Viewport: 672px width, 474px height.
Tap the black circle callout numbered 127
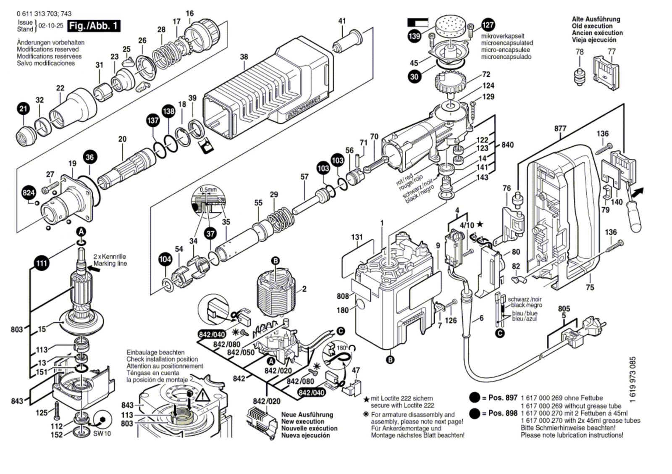click(x=488, y=25)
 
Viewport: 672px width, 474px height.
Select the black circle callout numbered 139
click(x=415, y=36)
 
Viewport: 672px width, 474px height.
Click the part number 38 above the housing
click(x=244, y=57)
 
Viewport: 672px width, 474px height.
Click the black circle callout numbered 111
click(x=41, y=263)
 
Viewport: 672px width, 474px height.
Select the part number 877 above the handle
click(x=560, y=129)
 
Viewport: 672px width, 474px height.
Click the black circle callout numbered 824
click(x=29, y=193)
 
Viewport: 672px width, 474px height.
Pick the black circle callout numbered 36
click(x=89, y=158)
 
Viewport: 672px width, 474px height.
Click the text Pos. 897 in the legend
click(x=503, y=398)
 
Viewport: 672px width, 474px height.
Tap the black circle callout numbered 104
click(x=165, y=259)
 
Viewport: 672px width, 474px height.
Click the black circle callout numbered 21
click(x=24, y=109)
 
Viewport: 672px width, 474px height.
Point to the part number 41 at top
click(x=342, y=21)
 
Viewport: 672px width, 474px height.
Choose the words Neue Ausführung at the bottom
click(x=307, y=414)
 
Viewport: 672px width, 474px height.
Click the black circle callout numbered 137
click(x=153, y=121)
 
